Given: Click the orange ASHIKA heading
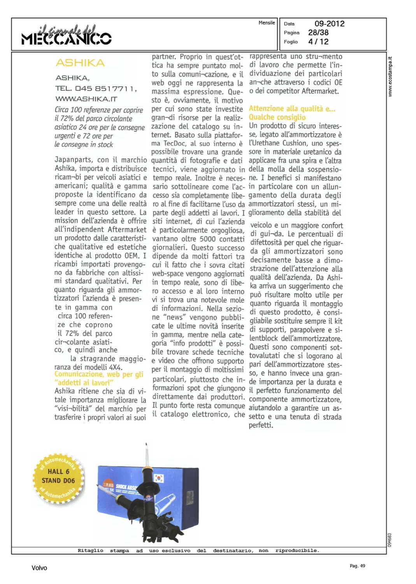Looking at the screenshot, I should (x=80, y=63).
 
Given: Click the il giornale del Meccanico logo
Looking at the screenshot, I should (x=67, y=35).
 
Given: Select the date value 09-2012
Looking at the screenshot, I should (x=329, y=24).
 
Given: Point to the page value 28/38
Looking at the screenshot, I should (x=318, y=33).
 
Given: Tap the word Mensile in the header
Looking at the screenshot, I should (x=267, y=23).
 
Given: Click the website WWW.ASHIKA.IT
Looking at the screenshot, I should (x=86, y=99).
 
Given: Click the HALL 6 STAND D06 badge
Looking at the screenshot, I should (x=58, y=477).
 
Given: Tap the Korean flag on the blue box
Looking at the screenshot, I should (x=159, y=478).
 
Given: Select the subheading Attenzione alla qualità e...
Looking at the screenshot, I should (x=292, y=109).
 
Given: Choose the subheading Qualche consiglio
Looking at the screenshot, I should (x=277, y=117).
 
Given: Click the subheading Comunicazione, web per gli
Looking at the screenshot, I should (x=99, y=375).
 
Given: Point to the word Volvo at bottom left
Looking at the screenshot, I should (x=39, y=568).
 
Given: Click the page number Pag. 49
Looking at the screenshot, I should (x=357, y=566).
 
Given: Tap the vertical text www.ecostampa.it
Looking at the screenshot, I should (x=390, y=77).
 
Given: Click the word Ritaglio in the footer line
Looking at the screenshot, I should (x=90, y=551).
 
